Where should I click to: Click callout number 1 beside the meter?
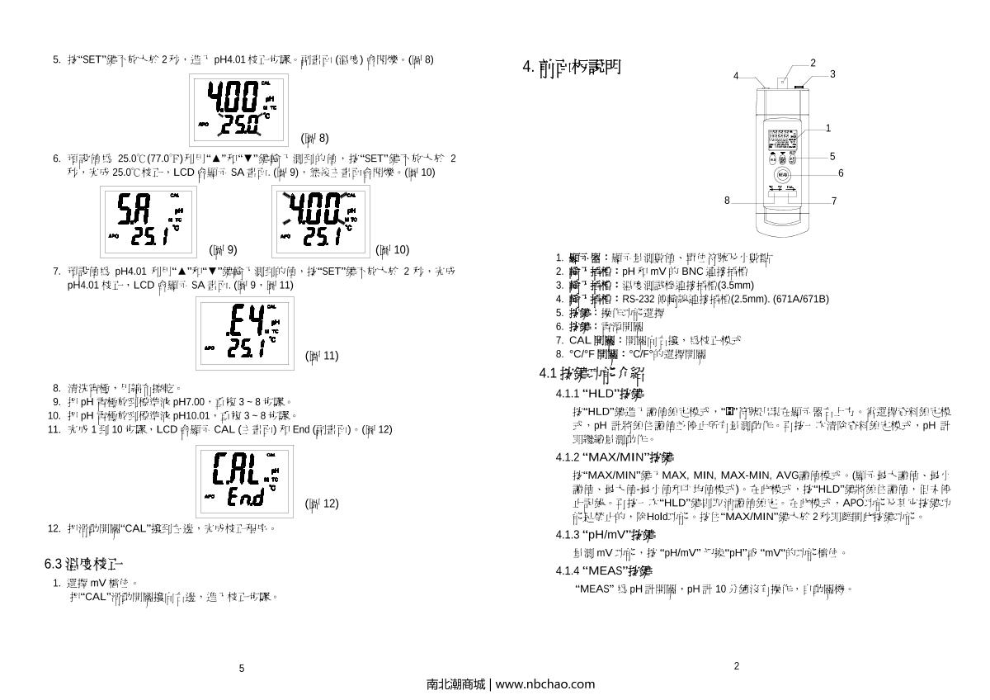tap(828, 128)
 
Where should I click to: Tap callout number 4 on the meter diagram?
tap(736, 76)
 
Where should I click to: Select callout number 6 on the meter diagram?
tap(841, 173)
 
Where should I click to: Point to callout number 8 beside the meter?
tap(727, 200)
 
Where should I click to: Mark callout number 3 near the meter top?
tap(832, 74)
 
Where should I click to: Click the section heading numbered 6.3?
tap(83, 564)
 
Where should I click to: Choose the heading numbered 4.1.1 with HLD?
tap(600, 393)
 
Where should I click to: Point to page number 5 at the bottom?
tap(242, 669)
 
